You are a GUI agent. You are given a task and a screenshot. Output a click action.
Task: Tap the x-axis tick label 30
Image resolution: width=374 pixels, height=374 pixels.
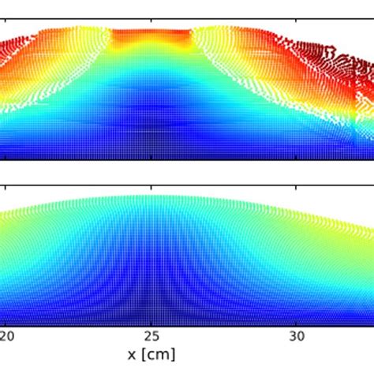[x=295, y=335]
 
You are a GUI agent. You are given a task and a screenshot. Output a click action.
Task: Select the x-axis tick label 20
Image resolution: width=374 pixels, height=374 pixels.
[x=7, y=335]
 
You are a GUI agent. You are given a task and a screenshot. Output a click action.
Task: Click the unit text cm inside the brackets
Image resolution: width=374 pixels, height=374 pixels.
[x=156, y=354]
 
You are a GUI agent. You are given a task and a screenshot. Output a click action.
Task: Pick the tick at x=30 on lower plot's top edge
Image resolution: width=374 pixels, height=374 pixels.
[x=295, y=189]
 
